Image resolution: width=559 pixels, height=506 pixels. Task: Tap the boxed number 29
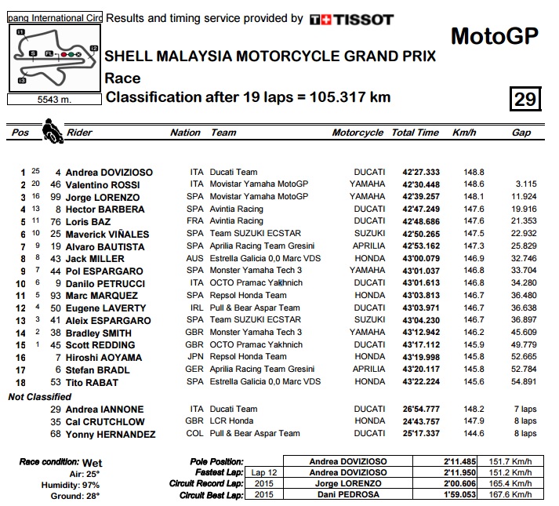click(x=525, y=99)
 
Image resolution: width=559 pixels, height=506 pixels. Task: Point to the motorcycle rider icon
click(x=53, y=129)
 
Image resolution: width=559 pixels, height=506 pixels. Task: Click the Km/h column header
click(x=465, y=133)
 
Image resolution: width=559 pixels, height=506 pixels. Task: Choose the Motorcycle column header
click(x=358, y=133)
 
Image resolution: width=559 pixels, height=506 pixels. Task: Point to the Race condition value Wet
click(x=92, y=463)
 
